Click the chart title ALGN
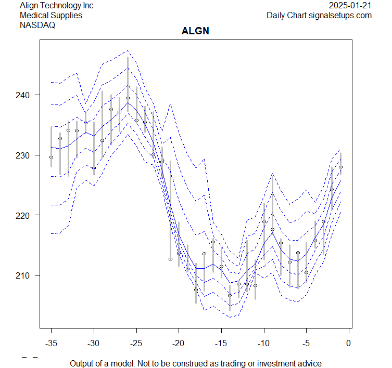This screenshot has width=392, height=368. click(196, 31)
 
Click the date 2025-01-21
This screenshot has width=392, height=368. click(350, 5)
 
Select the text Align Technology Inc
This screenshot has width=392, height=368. click(56, 5)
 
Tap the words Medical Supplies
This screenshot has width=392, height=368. click(51, 15)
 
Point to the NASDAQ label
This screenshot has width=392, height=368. click(37, 25)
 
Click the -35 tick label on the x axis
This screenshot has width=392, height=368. click(51, 343)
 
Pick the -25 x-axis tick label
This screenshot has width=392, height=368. click(136, 343)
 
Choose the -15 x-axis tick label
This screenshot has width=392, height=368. click(221, 343)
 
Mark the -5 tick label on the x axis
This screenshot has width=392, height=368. click(306, 343)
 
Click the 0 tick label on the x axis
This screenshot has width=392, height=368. click(348, 343)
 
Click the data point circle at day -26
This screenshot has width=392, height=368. click(128, 98)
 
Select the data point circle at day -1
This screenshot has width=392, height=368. click(340, 167)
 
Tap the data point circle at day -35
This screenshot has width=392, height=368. click(51, 157)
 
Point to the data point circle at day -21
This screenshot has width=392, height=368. click(170, 259)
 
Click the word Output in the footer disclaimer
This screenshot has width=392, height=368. click(82, 363)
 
